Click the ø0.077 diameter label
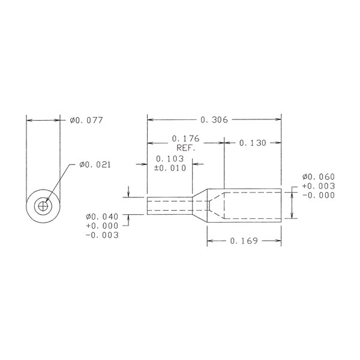86,121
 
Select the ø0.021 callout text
95,164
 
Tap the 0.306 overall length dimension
214,119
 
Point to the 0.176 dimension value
186,139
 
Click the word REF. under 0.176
186,148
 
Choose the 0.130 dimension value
253,143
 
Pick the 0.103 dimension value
170,159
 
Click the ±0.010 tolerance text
170,168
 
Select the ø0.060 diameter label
319,177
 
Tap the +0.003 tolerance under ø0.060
319,186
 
